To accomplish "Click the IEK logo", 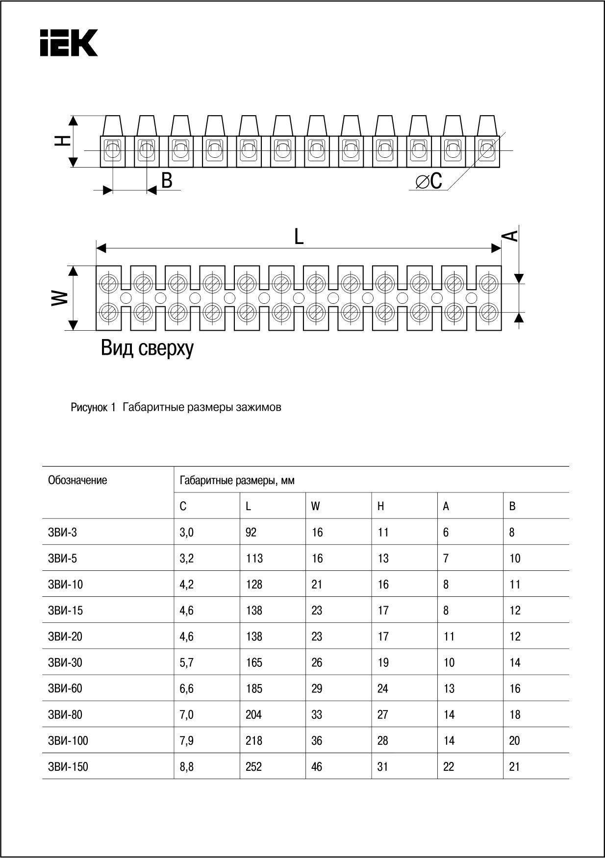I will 69,43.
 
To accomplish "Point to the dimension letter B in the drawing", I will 167,181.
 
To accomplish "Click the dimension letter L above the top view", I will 299,237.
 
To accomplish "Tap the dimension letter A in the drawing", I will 510,236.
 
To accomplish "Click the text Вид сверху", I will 147,348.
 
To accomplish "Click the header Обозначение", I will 77,480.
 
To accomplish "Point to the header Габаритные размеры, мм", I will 237,481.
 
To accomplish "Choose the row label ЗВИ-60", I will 65,688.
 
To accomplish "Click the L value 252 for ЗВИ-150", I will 253,766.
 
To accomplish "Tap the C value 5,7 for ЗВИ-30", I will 186,662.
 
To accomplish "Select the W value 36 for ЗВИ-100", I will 317,740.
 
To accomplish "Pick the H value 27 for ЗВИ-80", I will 383,714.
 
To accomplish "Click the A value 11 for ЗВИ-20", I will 449,637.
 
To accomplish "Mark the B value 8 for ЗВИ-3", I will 511,533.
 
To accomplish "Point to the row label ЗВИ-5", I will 63,559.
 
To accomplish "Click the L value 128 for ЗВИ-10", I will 254,585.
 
